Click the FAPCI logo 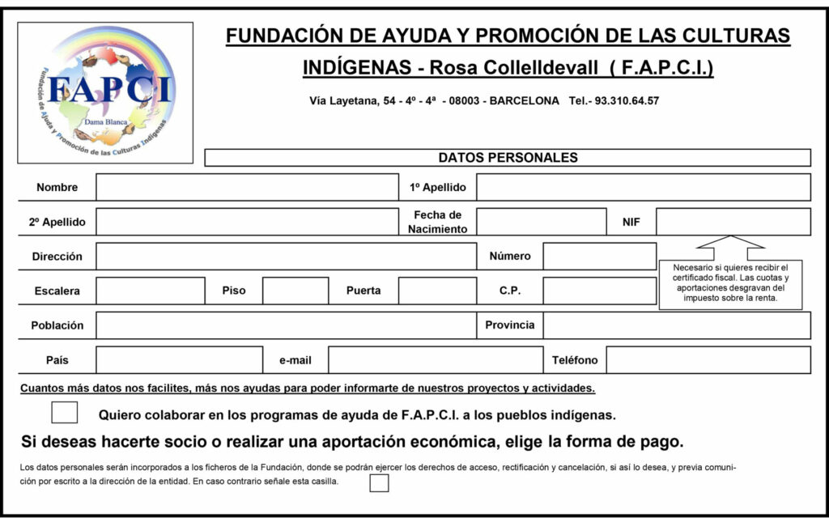pyautogui.click(x=105, y=92)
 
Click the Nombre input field pyautogui.click(x=247, y=187)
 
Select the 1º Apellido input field pyautogui.click(x=643, y=187)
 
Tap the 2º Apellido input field pyautogui.click(x=247, y=222)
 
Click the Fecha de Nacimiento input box pyautogui.click(x=541, y=222)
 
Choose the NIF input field pyautogui.click(x=733, y=222)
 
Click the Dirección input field pyautogui.click(x=286, y=256)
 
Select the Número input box pyautogui.click(x=599, y=256)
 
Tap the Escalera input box pyautogui.click(x=150, y=291)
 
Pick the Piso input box pyautogui.click(x=295, y=291)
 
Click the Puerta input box pyautogui.click(x=437, y=291)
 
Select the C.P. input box pyautogui.click(x=599, y=291)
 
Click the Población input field pyautogui.click(x=286, y=325)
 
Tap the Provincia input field pyautogui.click(x=676, y=325)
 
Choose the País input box pyautogui.click(x=179, y=360)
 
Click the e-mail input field pyautogui.click(x=435, y=360)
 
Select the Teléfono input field pyautogui.click(x=708, y=360)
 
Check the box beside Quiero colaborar pyautogui.click(x=65, y=413)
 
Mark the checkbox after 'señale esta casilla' pyautogui.click(x=379, y=483)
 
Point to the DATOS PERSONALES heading pyautogui.click(x=508, y=158)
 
